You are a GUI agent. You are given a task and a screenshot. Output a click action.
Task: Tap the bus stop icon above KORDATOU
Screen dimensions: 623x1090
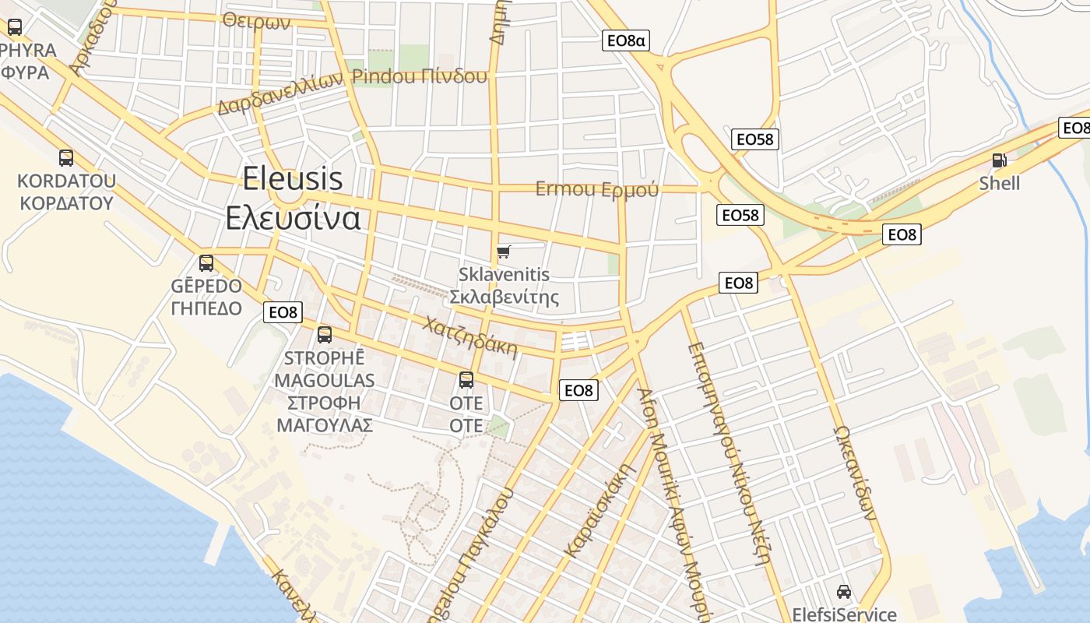pyautogui.click(x=66, y=158)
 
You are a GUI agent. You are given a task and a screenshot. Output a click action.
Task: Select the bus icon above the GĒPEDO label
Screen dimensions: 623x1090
pyautogui.click(x=206, y=263)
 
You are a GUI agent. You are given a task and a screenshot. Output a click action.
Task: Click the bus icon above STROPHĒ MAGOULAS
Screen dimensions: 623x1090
pyautogui.click(x=325, y=335)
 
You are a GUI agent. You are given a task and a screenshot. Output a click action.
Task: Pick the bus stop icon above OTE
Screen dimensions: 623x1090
pyautogui.click(x=466, y=380)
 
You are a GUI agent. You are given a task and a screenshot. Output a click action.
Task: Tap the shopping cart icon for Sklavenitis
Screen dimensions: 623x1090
pyautogui.click(x=504, y=252)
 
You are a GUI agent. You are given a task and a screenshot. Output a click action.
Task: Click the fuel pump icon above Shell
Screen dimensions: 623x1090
pyautogui.click(x=999, y=160)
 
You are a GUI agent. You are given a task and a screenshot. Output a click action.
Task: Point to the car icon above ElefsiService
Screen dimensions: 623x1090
pyautogui.click(x=843, y=592)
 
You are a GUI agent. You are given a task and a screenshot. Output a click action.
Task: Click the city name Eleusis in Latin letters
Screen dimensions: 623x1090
pyautogui.click(x=292, y=179)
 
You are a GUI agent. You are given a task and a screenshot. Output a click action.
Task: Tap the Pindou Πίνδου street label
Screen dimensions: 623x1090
pyautogui.click(x=420, y=76)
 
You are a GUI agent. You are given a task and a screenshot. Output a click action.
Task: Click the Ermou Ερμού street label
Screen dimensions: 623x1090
pyautogui.click(x=596, y=189)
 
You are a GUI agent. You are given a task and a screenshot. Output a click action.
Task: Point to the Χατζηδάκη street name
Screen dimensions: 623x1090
pyautogui.click(x=469, y=335)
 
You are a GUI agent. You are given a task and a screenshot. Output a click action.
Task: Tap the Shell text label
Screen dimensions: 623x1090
pyautogui.click(x=1000, y=183)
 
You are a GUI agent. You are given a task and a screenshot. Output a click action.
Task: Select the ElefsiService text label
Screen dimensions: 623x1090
pyautogui.click(x=844, y=614)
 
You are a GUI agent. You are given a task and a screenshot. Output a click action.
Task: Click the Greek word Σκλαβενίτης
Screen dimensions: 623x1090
pyautogui.click(x=505, y=297)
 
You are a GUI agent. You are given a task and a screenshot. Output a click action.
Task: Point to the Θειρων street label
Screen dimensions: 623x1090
pyautogui.click(x=256, y=21)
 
